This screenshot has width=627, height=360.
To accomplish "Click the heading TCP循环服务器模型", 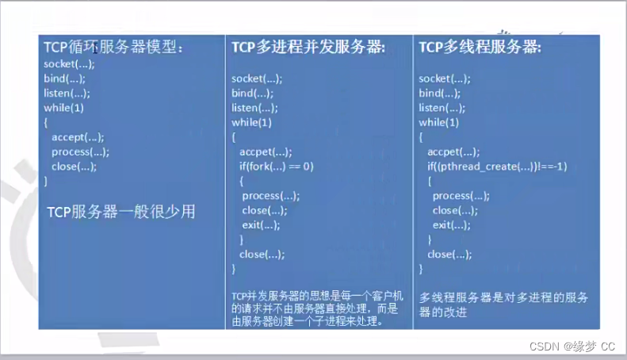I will click(113, 48).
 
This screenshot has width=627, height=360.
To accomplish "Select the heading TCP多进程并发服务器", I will click(308, 48).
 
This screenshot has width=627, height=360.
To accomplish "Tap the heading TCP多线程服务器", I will click(480, 48).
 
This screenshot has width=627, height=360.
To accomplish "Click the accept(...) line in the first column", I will click(78, 137).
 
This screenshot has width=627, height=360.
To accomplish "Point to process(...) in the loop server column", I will click(80, 151).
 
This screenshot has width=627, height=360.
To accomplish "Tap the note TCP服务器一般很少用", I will click(120, 212).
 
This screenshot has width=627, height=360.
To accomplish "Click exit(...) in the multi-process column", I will click(262, 225).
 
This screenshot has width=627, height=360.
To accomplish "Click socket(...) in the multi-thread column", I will click(445, 79).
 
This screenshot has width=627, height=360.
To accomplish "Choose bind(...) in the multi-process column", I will click(252, 94).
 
